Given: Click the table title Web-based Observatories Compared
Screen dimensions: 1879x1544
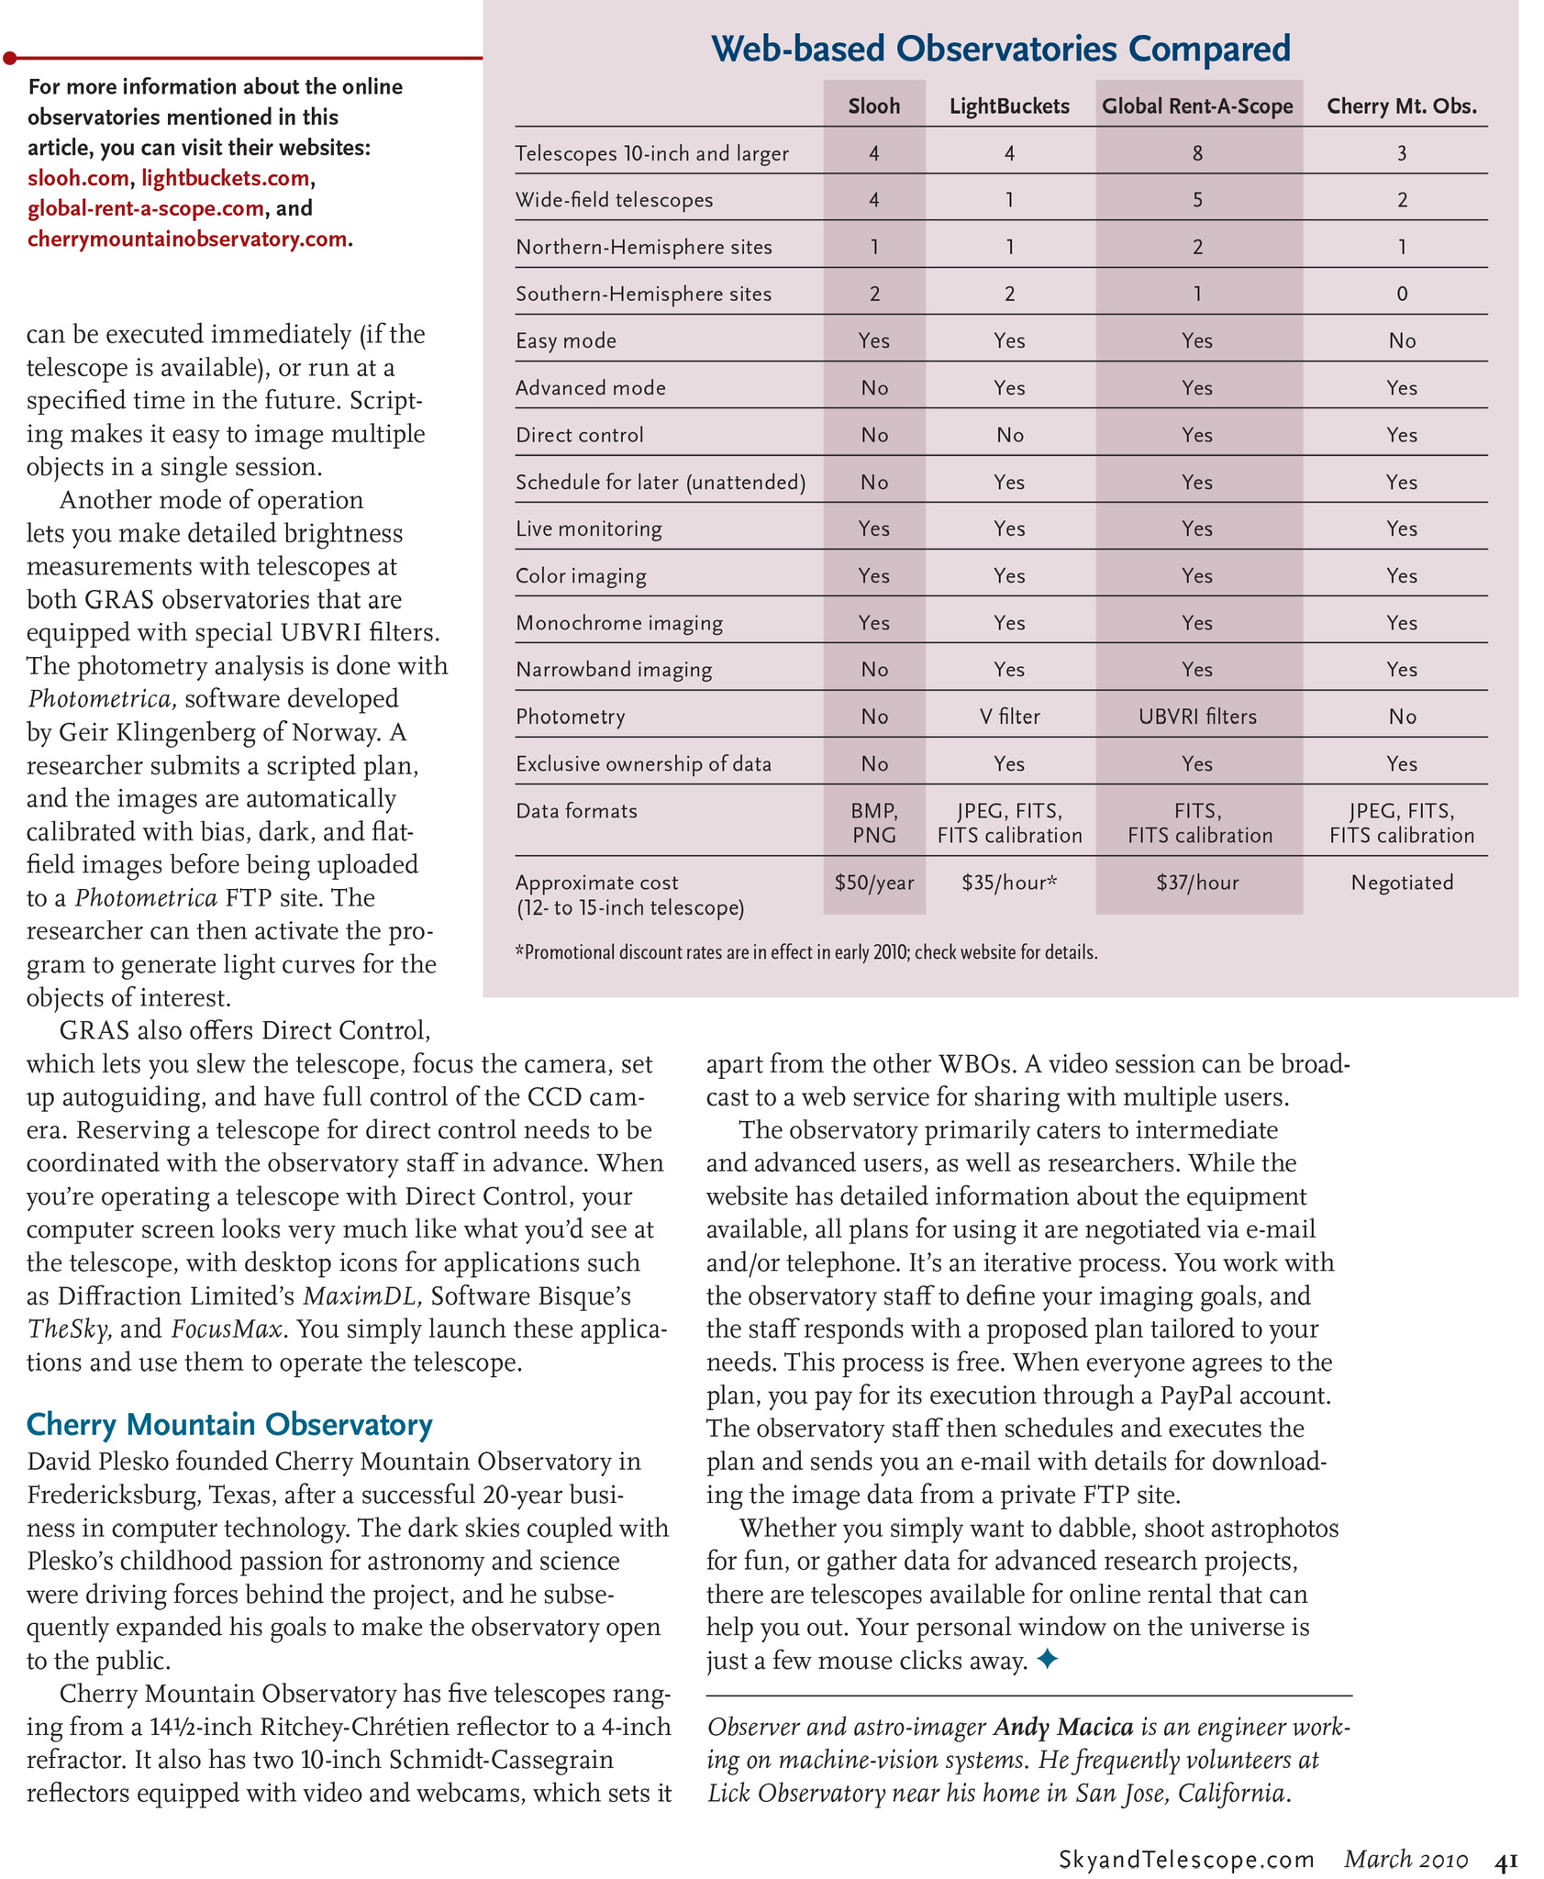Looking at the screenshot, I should (1001, 48).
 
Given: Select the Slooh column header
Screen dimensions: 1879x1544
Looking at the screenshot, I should (873, 106).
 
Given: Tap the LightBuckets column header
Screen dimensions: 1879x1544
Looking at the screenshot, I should (1009, 106).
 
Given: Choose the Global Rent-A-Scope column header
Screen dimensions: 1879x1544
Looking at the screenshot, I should (1197, 106).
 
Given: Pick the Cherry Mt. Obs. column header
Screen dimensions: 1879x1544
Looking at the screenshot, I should (1402, 106).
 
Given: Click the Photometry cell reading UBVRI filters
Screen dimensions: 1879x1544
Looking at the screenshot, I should (1197, 717).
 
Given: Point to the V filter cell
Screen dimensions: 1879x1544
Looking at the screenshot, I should (1009, 717).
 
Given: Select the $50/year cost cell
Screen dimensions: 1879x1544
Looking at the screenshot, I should (873, 883).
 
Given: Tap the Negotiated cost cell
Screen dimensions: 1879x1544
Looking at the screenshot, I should (1402, 883).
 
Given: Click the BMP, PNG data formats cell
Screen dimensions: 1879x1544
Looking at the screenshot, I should (873, 823).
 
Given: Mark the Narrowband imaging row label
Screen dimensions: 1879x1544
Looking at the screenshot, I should (614, 670).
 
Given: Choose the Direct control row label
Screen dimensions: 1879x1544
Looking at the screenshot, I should (580, 435).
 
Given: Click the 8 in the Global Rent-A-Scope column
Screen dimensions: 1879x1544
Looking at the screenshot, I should (1197, 154).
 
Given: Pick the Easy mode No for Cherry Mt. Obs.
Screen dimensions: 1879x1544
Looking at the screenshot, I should (1402, 341).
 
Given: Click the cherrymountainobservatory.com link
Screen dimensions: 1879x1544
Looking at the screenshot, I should (187, 239).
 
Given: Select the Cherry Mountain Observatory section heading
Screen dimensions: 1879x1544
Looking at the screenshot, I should (229, 1424).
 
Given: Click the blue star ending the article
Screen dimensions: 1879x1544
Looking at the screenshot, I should (1047, 1659).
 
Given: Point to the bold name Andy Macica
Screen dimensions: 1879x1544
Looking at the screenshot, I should (1063, 1728).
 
